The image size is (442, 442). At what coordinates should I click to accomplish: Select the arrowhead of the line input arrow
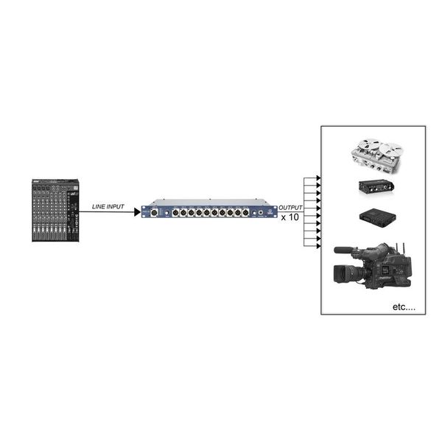pos(137,212)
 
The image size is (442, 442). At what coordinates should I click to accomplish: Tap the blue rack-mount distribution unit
pos(209,212)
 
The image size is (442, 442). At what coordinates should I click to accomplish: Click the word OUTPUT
pos(291,208)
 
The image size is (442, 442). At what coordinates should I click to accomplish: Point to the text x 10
pos(290,219)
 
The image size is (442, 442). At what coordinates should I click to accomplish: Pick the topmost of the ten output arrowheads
pos(317,178)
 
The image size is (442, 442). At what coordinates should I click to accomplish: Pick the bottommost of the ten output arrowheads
pos(317,246)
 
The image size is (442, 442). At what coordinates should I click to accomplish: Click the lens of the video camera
pos(345,274)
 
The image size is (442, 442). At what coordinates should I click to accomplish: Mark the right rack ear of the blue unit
pos(275,212)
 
